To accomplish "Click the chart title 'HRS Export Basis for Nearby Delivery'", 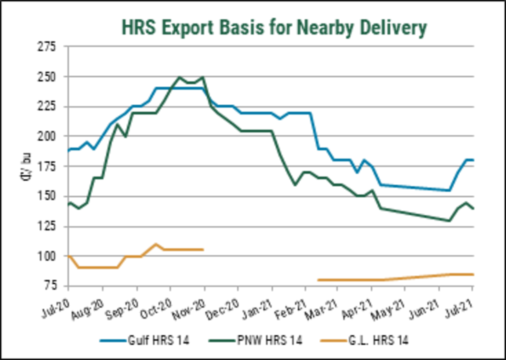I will point(274,28).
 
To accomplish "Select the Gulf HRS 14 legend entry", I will point(147,341).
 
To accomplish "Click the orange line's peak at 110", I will point(156,244).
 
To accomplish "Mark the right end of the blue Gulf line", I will point(474,160).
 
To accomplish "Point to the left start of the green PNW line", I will point(68,203).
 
